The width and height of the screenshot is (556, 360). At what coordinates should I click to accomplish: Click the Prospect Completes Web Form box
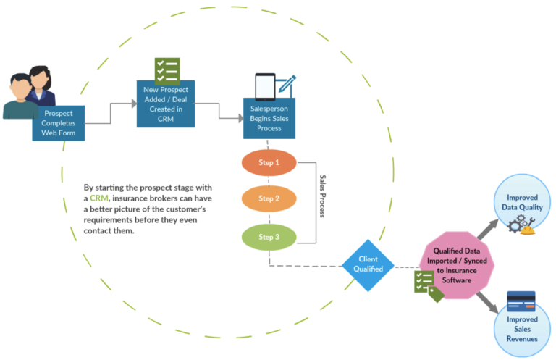tap(59, 122)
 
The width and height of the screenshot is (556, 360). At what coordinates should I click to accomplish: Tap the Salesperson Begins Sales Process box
tap(269, 119)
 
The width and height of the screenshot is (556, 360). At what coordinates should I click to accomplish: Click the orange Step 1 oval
tap(269, 163)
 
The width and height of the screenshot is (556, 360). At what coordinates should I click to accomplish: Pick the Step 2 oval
tap(269, 198)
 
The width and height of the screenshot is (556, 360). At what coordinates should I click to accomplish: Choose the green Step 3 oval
tap(269, 237)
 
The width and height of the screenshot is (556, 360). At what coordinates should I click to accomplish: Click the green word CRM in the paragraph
tap(99, 198)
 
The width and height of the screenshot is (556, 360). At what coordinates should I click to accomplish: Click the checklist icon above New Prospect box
tap(167, 71)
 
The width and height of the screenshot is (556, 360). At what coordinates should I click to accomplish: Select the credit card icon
tap(521, 300)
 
